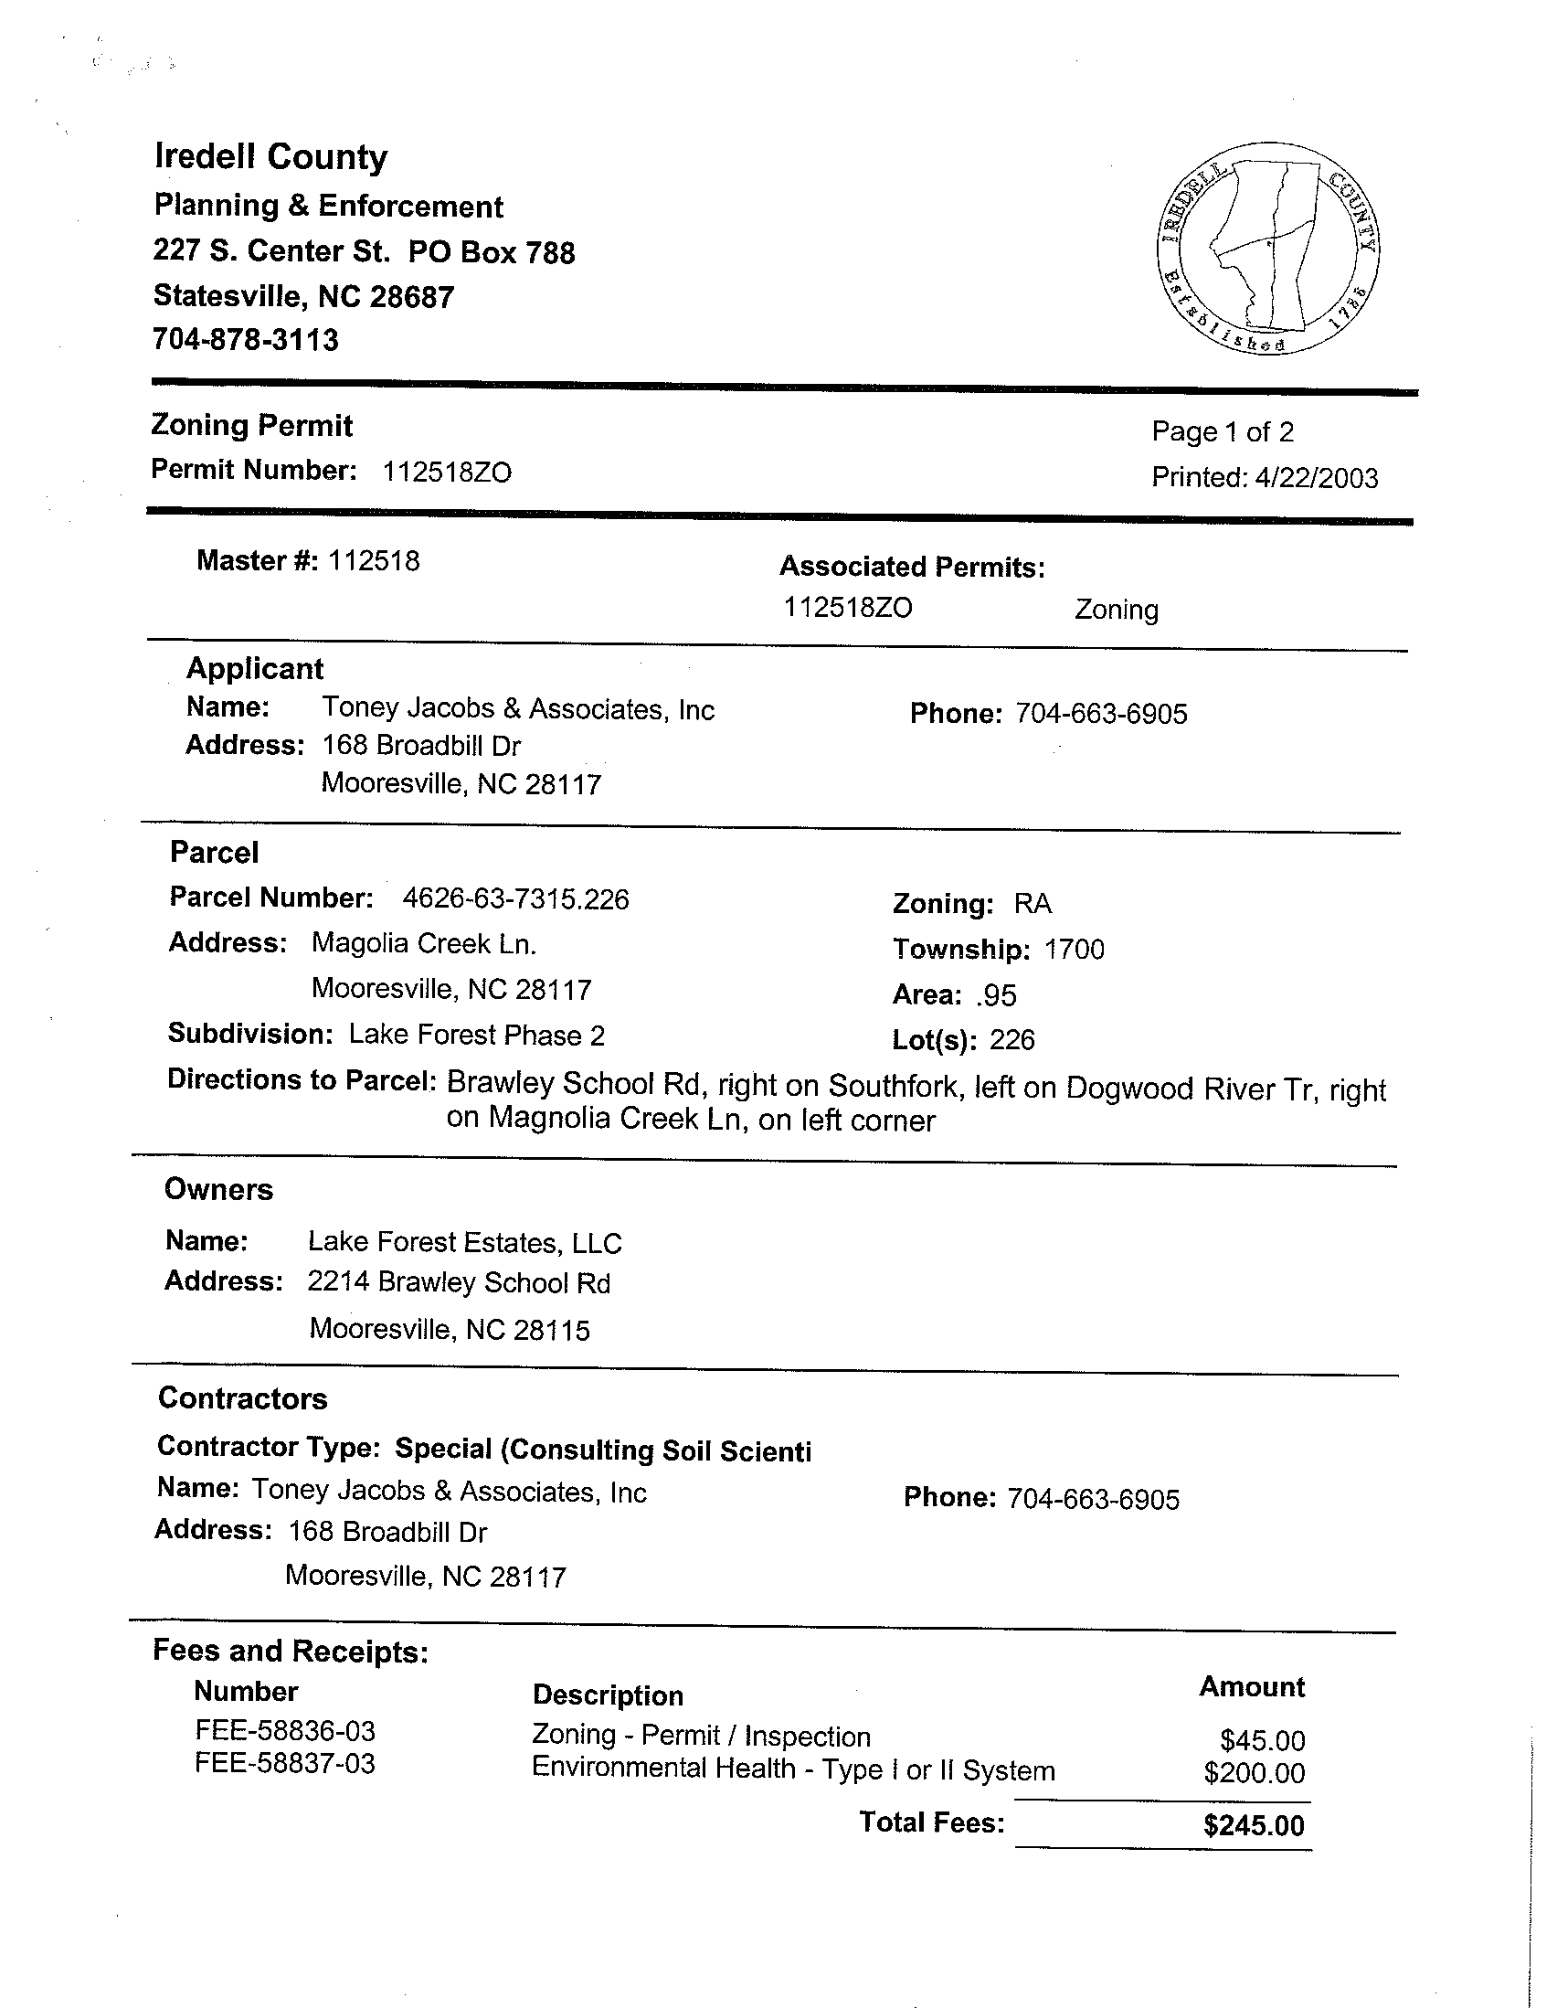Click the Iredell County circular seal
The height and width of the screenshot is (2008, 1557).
pyautogui.click(x=1268, y=249)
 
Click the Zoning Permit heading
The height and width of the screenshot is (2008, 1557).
pyautogui.click(x=252, y=426)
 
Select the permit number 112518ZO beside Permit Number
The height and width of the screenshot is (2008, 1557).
pyautogui.click(x=447, y=473)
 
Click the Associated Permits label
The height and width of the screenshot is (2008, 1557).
pyautogui.click(x=912, y=568)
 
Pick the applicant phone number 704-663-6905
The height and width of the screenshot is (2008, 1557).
pyautogui.click(x=1101, y=715)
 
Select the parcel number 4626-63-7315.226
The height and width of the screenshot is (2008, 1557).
pyautogui.click(x=515, y=899)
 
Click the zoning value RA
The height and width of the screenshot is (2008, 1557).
pyautogui.click(x=1033, y=904)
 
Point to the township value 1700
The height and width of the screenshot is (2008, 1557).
pyautogui.click(x=1075, y=950)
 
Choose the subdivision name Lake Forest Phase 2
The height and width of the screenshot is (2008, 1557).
pyautogui.click(x=476, y=1036)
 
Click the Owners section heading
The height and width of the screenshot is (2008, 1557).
pyautogui.click(x=218, y=1190)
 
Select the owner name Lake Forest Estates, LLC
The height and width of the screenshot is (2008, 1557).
pyautogui.click(x=464, y=1243)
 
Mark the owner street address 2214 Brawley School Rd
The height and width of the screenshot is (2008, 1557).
pyautogui.click(x=459, y=1283)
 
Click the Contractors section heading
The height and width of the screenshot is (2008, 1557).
pyautogui.click(x=243, y=1398)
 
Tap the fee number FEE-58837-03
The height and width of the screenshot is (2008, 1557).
pyautogui.click(x=285, y=1764)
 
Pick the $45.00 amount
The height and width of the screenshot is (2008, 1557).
pyautogui.click(x=1262, y=1740)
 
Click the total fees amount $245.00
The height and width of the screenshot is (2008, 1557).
pyautogui.click(x=1254, y=1826)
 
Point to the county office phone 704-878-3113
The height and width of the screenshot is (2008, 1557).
pyautogui.click(x=246, y=341)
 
